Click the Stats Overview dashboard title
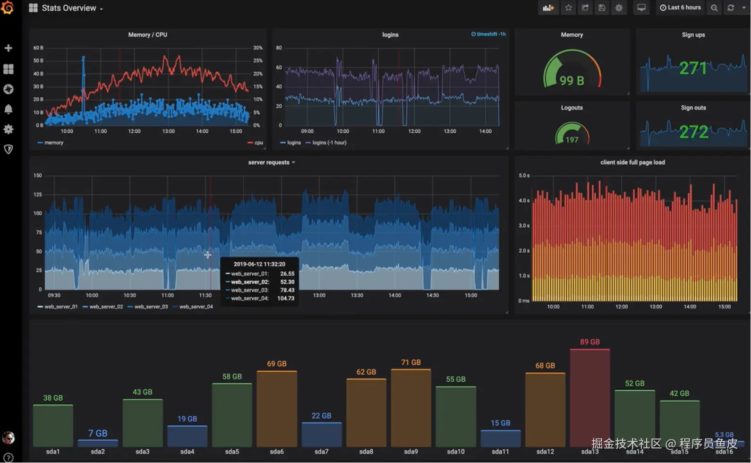coord(69,8)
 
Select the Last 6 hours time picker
coord(680,8)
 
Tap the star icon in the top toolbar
coord(569,8)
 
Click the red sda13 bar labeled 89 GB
coord(589,397)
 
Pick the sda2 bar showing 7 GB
coord(98,443)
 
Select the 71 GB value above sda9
coord(411,362)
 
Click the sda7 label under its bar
coord(321,452)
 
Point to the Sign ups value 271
coord(693,69)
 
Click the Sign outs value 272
coord(693,132)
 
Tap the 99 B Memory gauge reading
coord(572,81)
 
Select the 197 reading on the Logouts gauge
coord(572,140)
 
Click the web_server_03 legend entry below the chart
coord(151,307)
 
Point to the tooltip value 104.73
coord(286,299)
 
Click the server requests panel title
coord(269,163)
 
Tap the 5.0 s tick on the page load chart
coord(524,176)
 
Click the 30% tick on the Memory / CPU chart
coord(257,48)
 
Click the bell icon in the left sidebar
coord(9,109)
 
